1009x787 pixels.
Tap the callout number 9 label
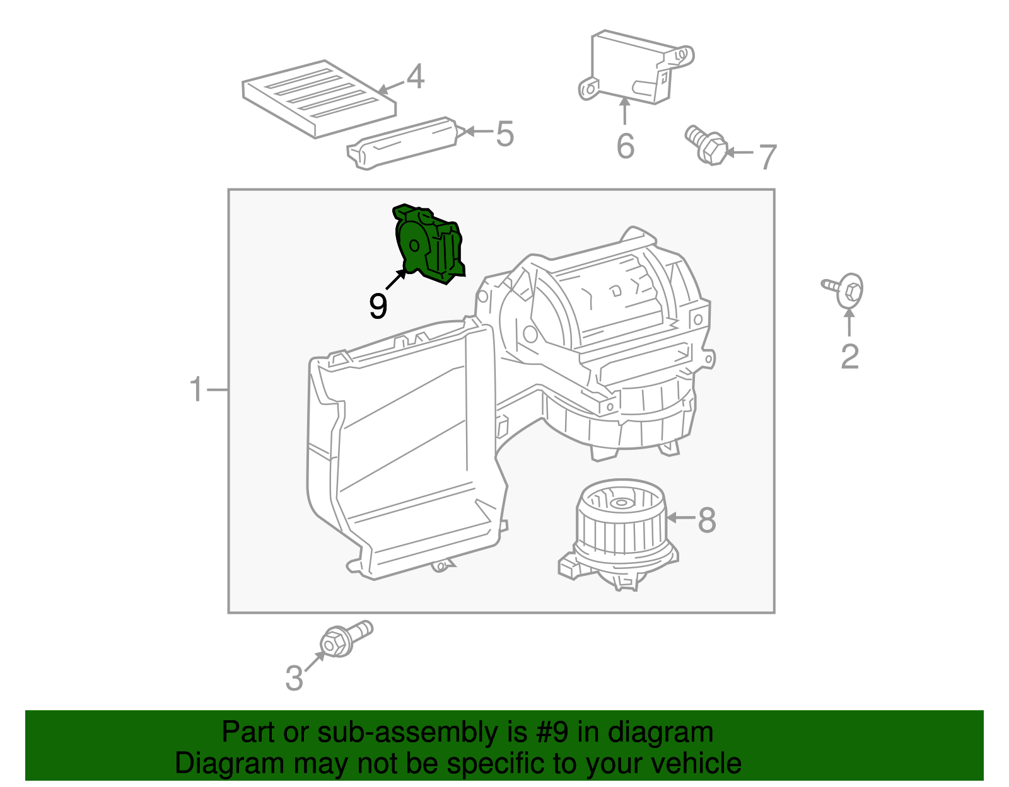pyautogui.click(x=378, y=307)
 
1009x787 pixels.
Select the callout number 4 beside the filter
pyautogui.click(x=415, y=78)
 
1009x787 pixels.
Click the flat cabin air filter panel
pyautogui.click(x=318, y=98)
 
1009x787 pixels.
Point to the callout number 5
pyautogui.click(x=504, y=134)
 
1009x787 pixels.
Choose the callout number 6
pyautogui.click(x=625, y=146)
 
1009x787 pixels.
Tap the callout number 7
pyautogui.click(x=767, y=157)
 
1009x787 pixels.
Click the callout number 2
pyautogui.click(x=849, y=357)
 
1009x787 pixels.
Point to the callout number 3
pyautogui.click(x=294, y=679)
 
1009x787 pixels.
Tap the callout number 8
pyautogui.click(x=707, y=520)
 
